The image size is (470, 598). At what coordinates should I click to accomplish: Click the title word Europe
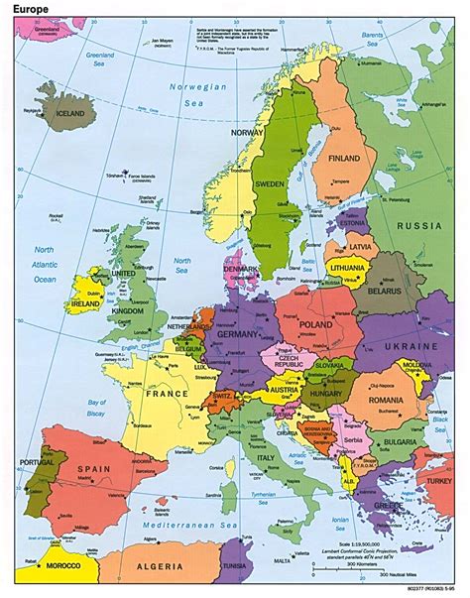tap(32, 12)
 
